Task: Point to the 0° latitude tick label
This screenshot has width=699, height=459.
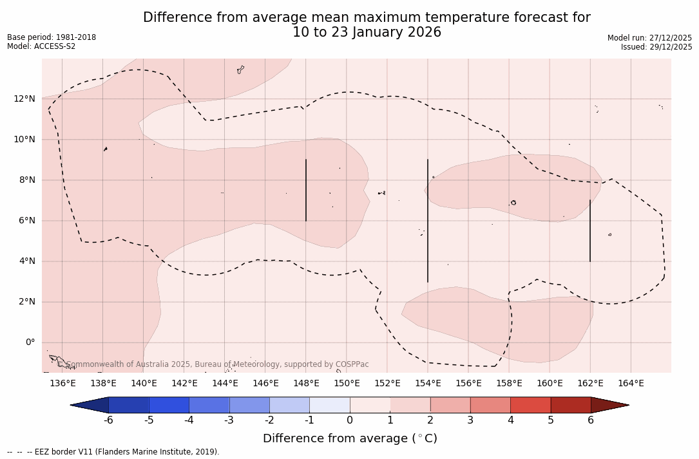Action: [30, 342]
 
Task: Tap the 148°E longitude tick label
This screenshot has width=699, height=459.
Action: [306, 384]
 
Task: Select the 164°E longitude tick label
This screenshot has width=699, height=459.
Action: [631, 384]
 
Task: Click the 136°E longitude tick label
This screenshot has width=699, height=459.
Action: [62, 384]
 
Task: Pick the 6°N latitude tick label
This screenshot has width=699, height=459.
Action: [26, 221]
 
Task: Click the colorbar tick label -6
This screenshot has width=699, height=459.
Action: [108, 420]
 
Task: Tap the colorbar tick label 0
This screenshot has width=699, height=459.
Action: [350, 420]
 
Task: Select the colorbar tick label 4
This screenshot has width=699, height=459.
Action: [510, 420]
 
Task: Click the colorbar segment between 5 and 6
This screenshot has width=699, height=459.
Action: [571, 405]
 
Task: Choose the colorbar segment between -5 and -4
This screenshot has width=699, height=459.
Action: [169, 405]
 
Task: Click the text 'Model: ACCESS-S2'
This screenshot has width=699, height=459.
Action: [41, 46]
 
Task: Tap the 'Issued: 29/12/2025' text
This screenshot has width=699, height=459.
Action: [656, 47]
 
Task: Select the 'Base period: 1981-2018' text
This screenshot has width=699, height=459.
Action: [52, 37]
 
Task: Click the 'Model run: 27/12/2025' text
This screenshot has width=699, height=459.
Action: [649, 38]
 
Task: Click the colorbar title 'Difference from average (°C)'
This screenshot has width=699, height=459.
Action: [350, 438]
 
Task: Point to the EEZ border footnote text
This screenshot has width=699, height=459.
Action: [113, 452]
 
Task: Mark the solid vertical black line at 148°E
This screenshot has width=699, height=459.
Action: [306, 190]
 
